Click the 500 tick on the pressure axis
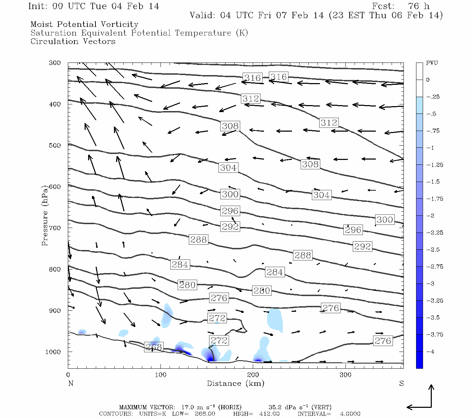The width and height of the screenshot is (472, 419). pyautogui.click(x=55, y=146)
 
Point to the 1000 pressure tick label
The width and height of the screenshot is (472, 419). pyautogui.click(x=53, y=352)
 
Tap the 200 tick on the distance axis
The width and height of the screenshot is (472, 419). pyautogui.click(x=253, y=375)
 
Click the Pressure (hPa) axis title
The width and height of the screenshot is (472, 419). pyautogui.click(x=44, y=216)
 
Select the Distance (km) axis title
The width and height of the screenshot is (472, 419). pyautogui.click(x=235, y=383)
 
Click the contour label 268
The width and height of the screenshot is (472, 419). pyautogui.click(x=153, y=347)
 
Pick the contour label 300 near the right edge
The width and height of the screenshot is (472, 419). pyautogui.click(x=385, y=220)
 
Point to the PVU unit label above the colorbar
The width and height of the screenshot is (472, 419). pyautogui.click(x=432, y=63)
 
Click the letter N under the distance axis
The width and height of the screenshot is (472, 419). pyautogui.click(x=71, y=383)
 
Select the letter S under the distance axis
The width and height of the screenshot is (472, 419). pyautogui.click(x=401, y=383)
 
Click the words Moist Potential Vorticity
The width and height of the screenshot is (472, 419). pyautogui.click(x=84, y=24)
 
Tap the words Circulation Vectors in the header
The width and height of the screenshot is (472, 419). pyautogui.click(x=73, y=42)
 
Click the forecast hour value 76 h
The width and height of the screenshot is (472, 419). pyautogui.click(x=419, y=6)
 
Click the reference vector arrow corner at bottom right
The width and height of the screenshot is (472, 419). pyautogui.click(x=431, y=407)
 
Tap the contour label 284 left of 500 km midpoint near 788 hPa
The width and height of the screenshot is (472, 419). pyautogui.click(x=180, y=265)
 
